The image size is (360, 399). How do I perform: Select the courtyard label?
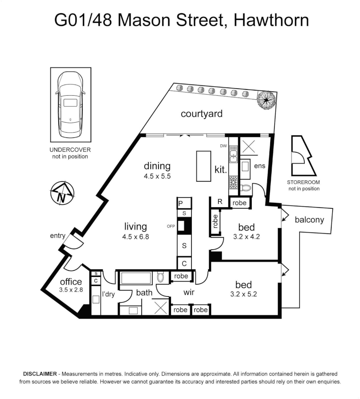tap(201, 113)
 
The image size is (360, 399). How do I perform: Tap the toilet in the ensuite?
tap(245, 188)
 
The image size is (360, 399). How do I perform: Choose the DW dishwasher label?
tap(223, 146)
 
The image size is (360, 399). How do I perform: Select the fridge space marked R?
tap(220, 202)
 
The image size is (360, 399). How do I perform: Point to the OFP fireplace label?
tap(171, 226)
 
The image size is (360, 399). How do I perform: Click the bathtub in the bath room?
tap(136, 278)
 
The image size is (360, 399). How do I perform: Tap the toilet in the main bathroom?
tap(160, 277)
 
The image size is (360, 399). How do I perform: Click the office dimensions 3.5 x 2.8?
tap(71, 290)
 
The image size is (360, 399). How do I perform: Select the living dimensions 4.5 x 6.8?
tap(136, 237)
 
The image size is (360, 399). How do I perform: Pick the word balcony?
tap(309, 220)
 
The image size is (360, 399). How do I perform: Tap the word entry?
tap(58, 236)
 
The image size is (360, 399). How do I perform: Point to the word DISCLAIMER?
tap(40, 374)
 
